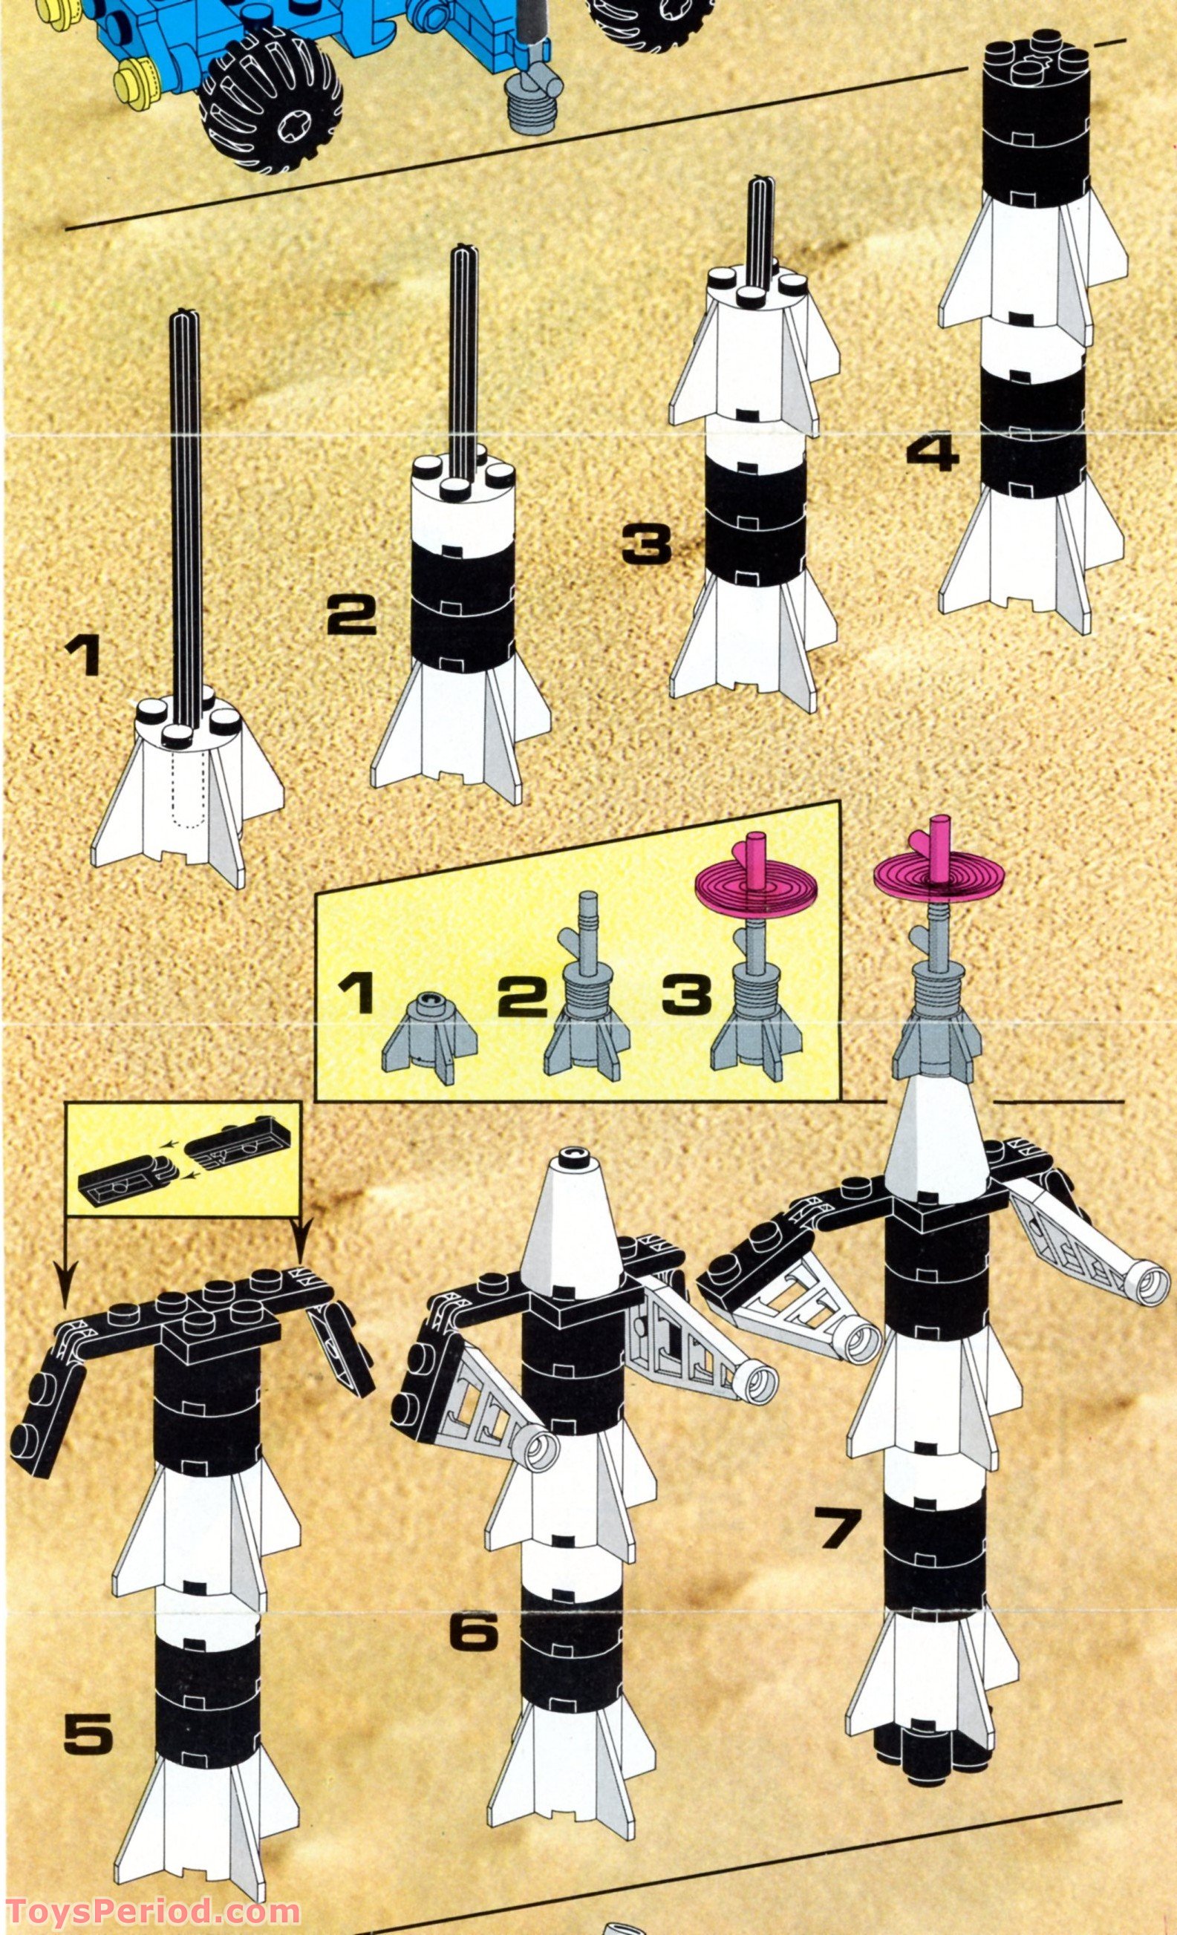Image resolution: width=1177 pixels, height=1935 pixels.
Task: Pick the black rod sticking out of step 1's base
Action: coord(187,503)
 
